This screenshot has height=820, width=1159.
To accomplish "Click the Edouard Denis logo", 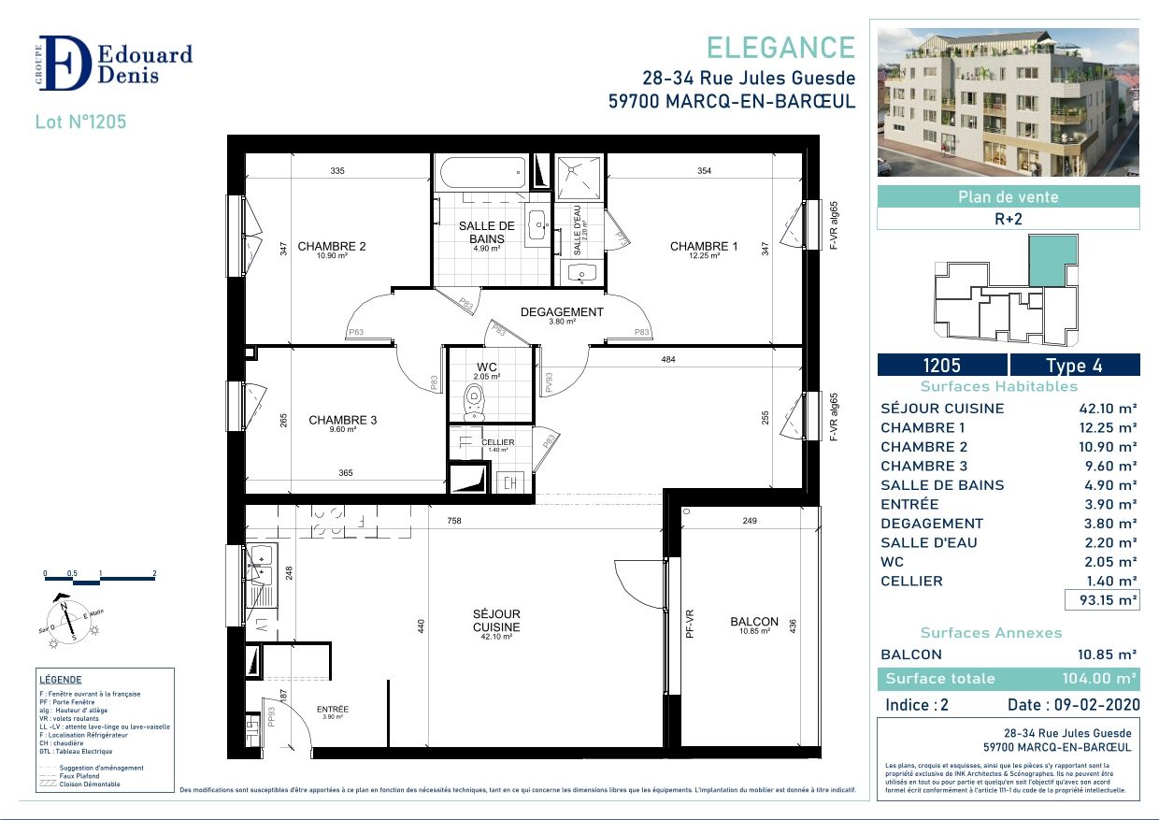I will pos(115,64).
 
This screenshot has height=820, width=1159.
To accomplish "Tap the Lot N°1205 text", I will pos(80,122).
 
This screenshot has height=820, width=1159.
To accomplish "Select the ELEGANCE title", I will pos(780,48).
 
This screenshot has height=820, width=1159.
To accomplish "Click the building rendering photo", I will pos(1008,102).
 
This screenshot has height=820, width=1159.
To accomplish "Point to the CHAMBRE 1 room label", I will pos(704,247).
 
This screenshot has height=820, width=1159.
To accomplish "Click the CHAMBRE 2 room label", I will pos(331,247).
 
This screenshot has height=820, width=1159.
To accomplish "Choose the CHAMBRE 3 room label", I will pos(342,421).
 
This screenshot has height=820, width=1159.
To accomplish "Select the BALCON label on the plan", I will pos(754,622).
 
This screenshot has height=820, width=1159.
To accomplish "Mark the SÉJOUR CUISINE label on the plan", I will pos(496,620).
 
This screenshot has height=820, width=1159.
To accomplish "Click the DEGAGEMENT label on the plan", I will pos(562,312).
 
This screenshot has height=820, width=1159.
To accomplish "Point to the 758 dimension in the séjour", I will pos(453,521).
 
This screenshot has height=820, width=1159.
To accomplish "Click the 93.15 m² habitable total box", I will pos(1102,600).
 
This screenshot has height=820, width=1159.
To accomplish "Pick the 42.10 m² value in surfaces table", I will pos(1108,409).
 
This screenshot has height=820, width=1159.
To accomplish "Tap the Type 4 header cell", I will pos(1075,366).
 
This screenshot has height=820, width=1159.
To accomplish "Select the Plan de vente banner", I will pos(1008,197).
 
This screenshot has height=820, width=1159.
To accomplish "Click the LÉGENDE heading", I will pos(61,680).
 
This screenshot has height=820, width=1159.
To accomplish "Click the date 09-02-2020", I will pos(1071,705).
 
